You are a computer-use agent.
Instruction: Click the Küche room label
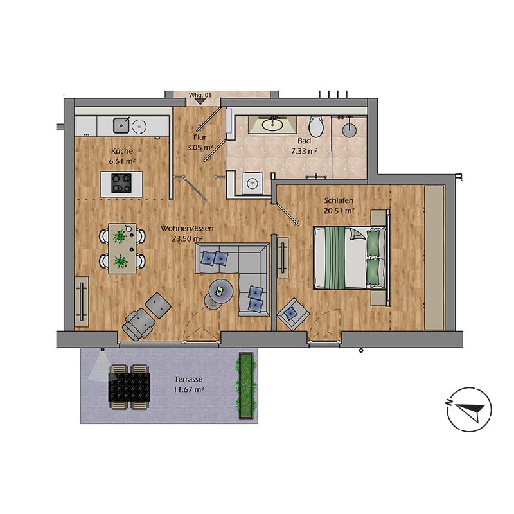(121, 151)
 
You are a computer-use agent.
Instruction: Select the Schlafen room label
(339, 200)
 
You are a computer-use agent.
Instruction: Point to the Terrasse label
(190, 379)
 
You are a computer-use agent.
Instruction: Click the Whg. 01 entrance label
(200, 96)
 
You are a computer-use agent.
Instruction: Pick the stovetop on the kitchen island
(121, 183)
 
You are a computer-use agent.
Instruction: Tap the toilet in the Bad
(315, 126)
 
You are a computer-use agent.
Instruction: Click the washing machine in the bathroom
(253, 183)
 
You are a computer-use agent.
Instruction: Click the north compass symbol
(469, 409)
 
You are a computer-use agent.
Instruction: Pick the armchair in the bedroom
(293, 314)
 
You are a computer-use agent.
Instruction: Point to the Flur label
(199, 137)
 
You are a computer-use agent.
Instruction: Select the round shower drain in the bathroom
(349, 128)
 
